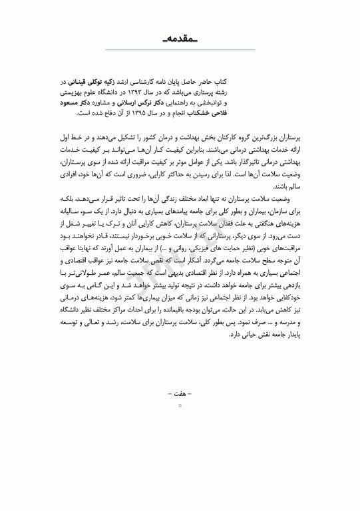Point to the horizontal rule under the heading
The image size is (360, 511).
180,51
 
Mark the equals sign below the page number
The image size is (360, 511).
180,404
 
